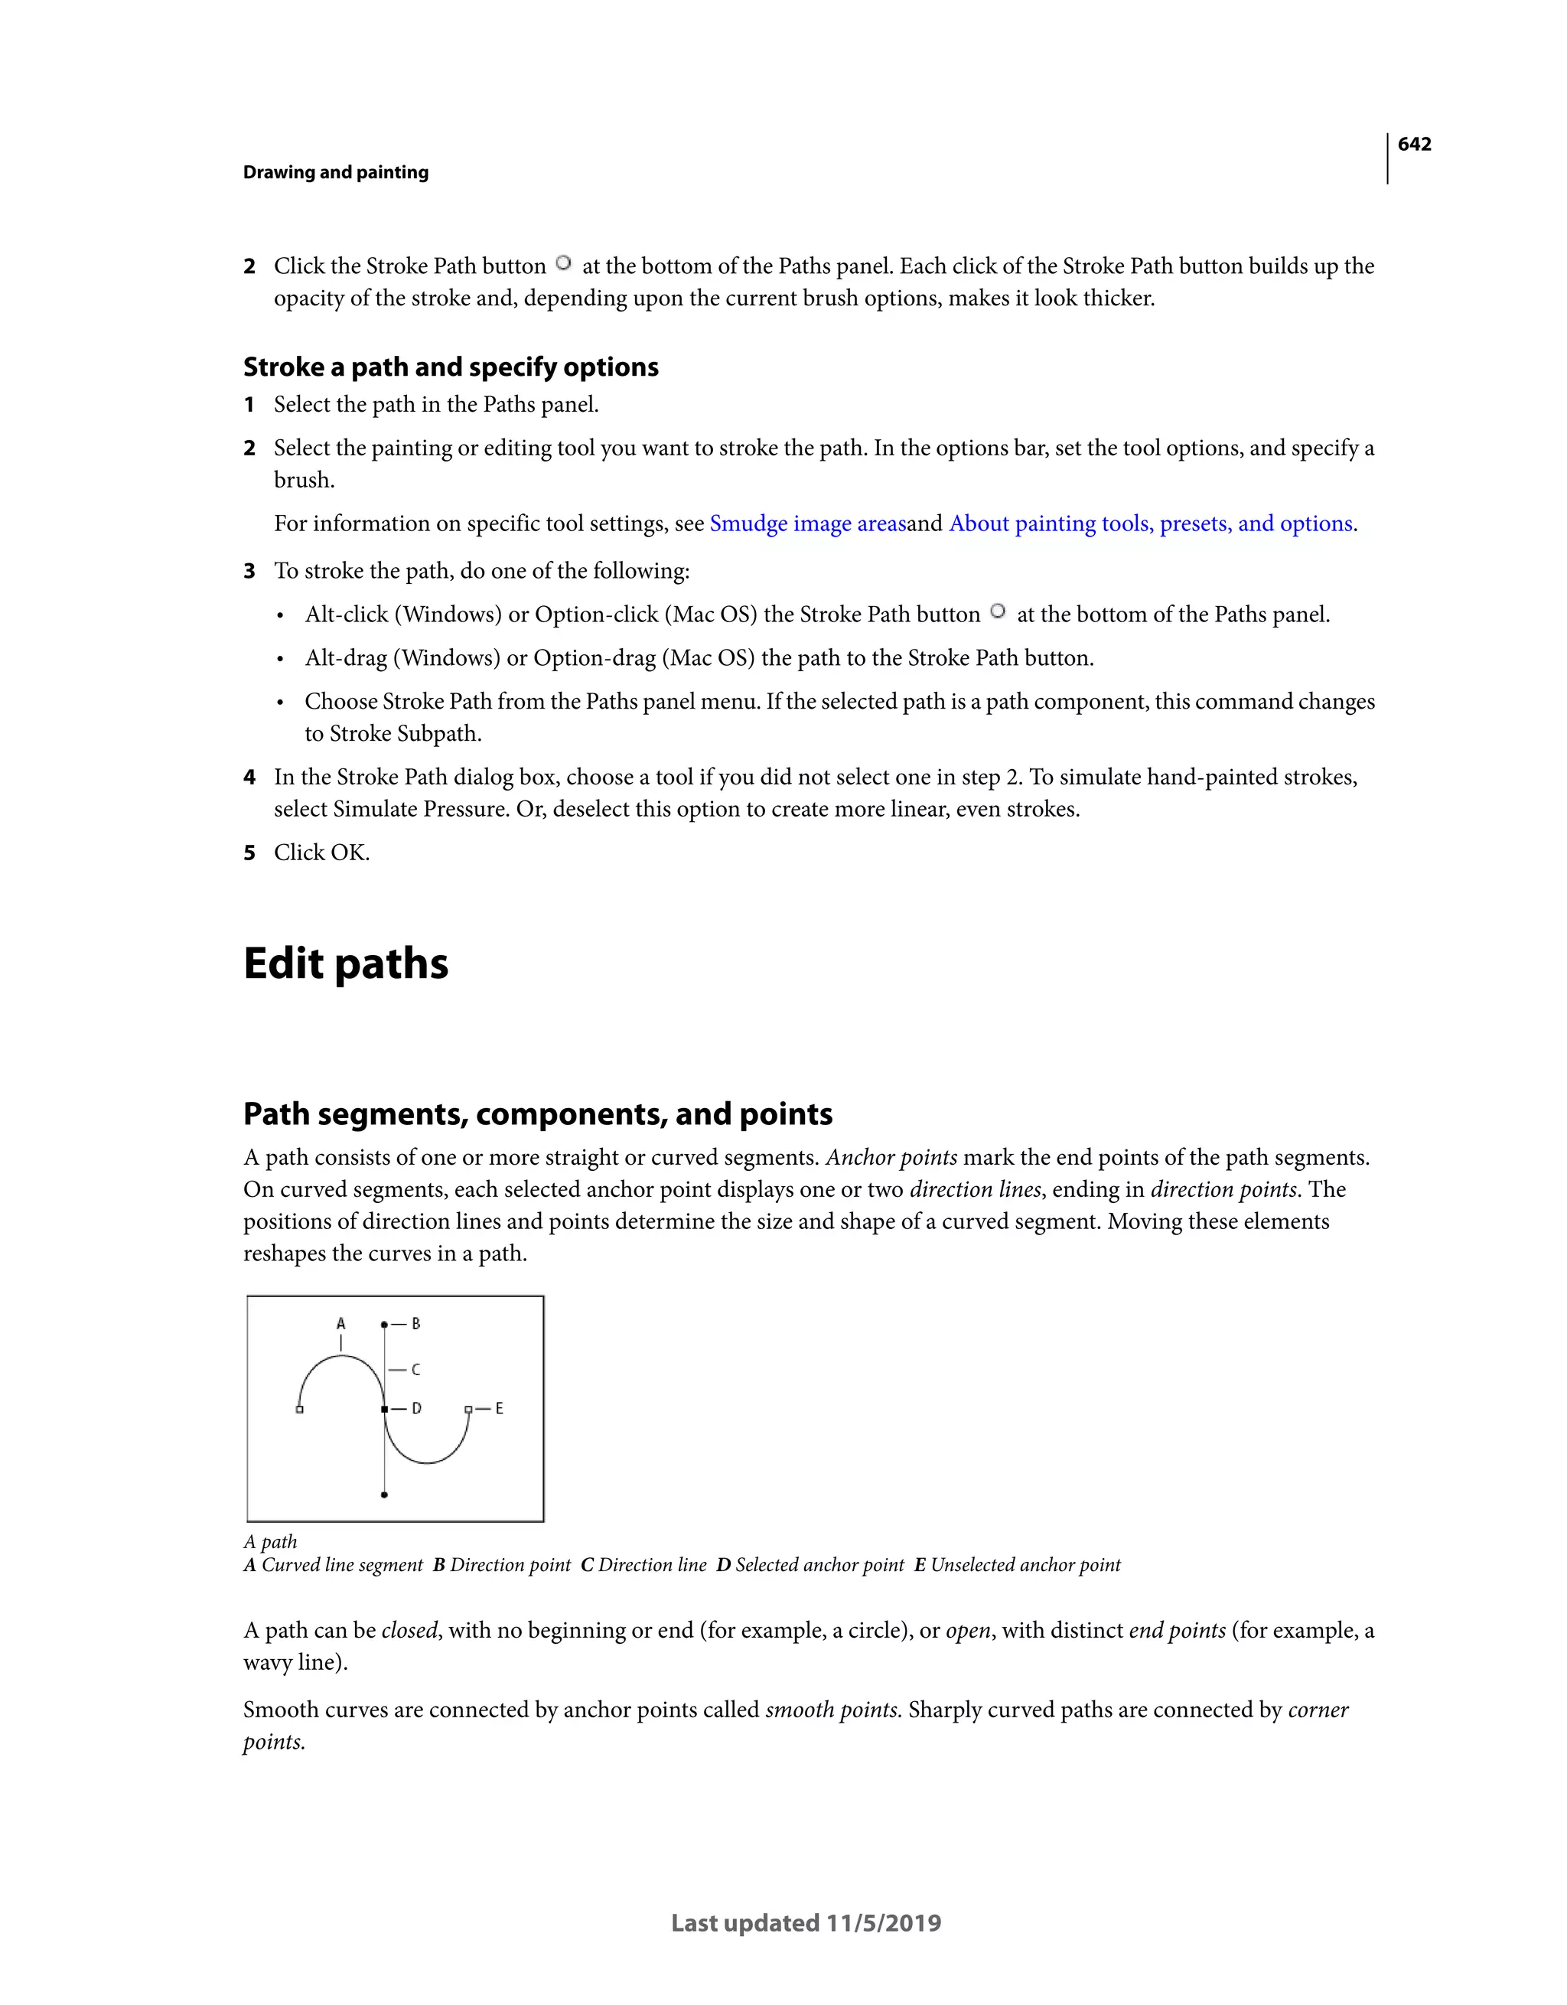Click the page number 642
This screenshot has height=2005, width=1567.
(x=1414, y=144)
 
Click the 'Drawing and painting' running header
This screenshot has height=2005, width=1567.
(x=335, y=173)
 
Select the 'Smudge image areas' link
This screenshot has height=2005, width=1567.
(x=807, y=523)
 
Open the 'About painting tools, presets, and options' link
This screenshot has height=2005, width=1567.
(x=1150, y=523)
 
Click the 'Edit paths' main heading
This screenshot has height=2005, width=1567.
(x=345, y=964)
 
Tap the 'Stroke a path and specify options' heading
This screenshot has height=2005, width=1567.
(x=450, y=367)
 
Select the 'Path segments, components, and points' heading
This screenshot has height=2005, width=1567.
(x=537, y=1113)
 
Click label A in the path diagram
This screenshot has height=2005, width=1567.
(x=340, y=1324)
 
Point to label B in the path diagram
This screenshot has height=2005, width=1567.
(x=415, y=1324)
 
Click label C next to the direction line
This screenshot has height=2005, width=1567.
(x=415, y=1370)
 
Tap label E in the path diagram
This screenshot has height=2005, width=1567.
(x=500, y=1408)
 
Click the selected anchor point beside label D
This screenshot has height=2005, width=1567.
(x=384, y=1408)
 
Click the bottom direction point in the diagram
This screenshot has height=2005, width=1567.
(x=384, y=1495)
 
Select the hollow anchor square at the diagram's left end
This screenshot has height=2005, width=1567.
(x=299, y=1409)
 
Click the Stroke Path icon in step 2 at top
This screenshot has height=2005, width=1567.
(x=564, y=263)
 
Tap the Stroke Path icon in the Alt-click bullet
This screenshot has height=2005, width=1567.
(x=998, y=611)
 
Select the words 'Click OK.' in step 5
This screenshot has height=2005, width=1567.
(x=321, y=853)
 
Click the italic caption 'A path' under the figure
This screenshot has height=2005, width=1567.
(x=270, y=1541)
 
